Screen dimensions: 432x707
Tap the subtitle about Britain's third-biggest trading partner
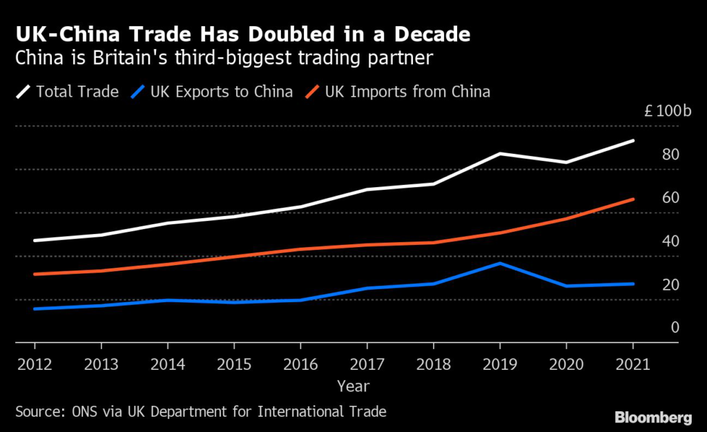(x=224, y=59)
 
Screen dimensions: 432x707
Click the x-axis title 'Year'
(x=353, y=386)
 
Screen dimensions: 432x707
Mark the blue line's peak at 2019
(x=500, y=263)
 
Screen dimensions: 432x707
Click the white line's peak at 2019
(x=500, y=153)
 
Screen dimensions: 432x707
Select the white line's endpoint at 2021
(x=633, y=141)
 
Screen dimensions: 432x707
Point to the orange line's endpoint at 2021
(x=633, y=199)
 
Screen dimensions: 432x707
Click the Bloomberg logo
(x=653, y=418)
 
